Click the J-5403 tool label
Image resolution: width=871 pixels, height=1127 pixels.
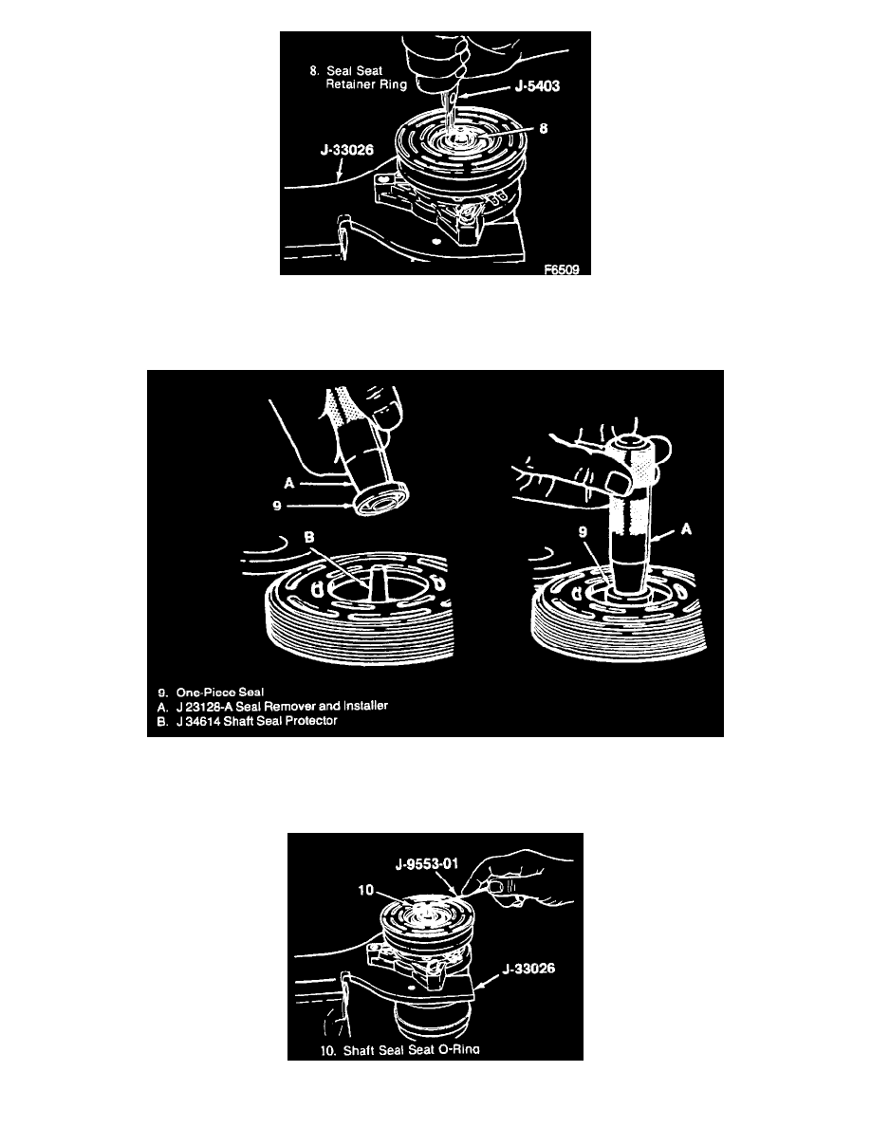[x=537, y=86]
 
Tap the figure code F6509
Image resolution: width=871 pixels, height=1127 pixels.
[x=562, y=269]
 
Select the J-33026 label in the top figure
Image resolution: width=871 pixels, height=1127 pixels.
[x=347, y=150]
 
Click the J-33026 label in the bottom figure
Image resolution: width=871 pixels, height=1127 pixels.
[x=528, y=969]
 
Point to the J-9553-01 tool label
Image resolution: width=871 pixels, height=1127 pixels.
[x=427, y=863]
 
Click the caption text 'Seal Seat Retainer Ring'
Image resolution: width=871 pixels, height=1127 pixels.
[x=366, y=78]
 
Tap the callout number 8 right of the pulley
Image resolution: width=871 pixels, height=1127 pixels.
[x=544, y=128]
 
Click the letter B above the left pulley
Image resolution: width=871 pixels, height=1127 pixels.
[x=309, y=538]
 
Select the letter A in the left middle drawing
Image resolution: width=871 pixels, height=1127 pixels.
[x=288, y=483]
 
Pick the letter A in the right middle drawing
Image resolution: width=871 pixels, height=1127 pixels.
[x=686, y=529]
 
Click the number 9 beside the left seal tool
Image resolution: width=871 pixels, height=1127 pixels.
[x=277, y=506]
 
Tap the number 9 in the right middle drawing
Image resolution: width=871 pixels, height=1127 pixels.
[x=583, y=532]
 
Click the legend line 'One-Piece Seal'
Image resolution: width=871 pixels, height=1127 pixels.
[x=220, y=693]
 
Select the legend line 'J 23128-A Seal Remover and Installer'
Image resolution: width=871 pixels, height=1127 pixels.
[x=282, y=706]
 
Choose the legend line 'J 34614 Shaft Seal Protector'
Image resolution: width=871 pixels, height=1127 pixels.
[x=256, y=720]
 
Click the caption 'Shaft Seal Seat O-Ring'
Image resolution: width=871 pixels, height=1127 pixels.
[x=411, y=1050]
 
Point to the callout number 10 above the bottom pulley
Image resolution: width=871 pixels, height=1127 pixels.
[x=366, y=891]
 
